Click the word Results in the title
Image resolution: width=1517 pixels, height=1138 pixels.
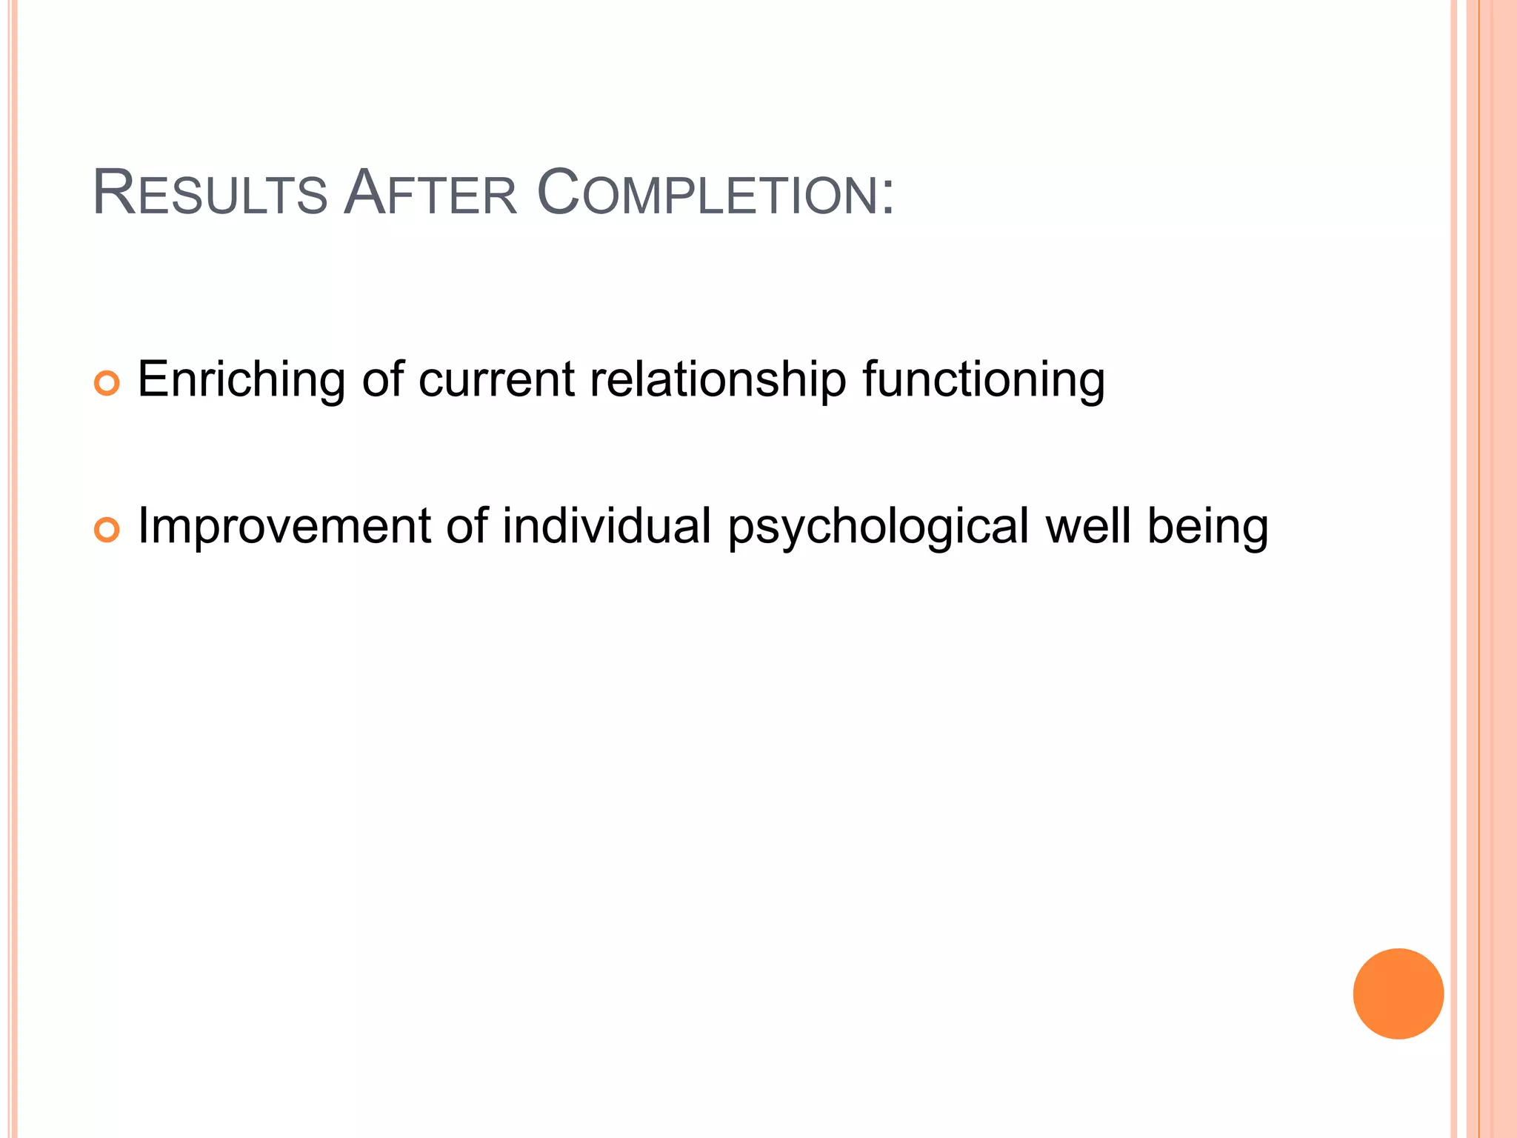210,194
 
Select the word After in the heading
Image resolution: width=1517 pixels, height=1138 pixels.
430,194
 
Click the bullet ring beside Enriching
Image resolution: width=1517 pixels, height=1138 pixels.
107,383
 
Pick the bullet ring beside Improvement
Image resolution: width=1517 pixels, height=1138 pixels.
107,530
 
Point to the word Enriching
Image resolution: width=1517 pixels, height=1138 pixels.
241,380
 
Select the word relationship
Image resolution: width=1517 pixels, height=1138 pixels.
718,380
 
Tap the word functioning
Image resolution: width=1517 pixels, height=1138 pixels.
983,380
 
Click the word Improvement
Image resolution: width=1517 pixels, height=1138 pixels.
284,527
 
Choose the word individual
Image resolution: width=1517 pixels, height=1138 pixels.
607,527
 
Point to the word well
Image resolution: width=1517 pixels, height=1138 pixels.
1088,527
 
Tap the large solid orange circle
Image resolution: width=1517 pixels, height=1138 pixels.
1398,994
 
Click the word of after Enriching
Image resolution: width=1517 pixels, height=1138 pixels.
383,380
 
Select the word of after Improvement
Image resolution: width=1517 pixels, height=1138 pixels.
467,527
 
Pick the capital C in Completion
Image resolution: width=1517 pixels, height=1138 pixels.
557,194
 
